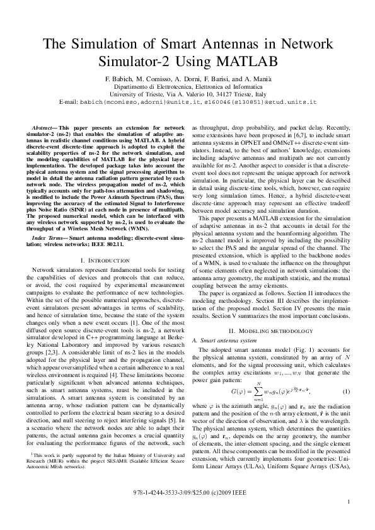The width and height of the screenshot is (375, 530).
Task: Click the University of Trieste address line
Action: (187, 93)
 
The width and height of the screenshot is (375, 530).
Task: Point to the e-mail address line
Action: (187, 101)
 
